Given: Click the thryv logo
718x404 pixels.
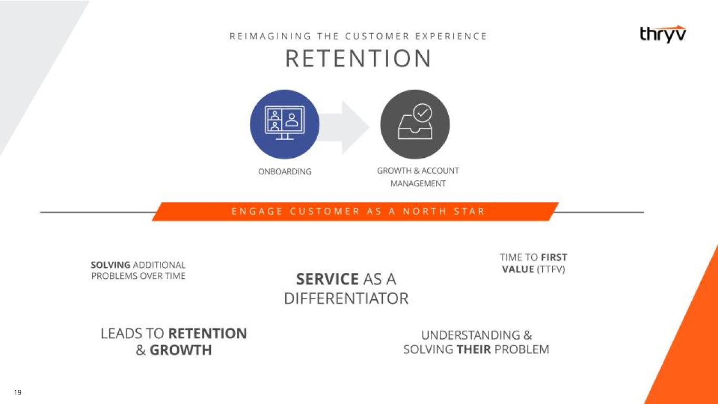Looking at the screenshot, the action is [663, 34].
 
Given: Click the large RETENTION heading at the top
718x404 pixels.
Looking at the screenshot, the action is [358, 58].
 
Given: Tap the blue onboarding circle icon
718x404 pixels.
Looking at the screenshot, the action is [285, 124].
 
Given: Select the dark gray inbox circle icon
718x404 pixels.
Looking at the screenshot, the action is [415, 124].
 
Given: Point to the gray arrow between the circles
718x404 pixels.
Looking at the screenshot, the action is [345, 127].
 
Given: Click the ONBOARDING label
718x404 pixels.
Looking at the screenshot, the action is [285, 171].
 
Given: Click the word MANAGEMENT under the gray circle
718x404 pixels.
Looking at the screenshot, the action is [418, 184].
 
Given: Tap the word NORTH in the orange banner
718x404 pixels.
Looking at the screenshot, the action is [424, 211].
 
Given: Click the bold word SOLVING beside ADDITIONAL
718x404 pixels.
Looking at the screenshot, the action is [110, 265].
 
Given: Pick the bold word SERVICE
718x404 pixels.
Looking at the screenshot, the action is [327, 279].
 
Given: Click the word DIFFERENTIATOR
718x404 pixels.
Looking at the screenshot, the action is [346, 298].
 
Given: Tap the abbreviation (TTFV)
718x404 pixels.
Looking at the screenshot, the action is [551, 269].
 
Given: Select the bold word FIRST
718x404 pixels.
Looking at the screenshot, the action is [554, 257].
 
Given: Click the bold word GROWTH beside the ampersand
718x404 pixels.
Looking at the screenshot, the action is [181, 350].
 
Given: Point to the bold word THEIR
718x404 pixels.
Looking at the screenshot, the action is [474, 349].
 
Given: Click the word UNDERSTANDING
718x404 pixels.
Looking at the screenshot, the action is [471, 335].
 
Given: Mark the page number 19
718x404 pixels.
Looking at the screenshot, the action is [18, 392].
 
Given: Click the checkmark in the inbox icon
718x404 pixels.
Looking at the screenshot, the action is [422, 113].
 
